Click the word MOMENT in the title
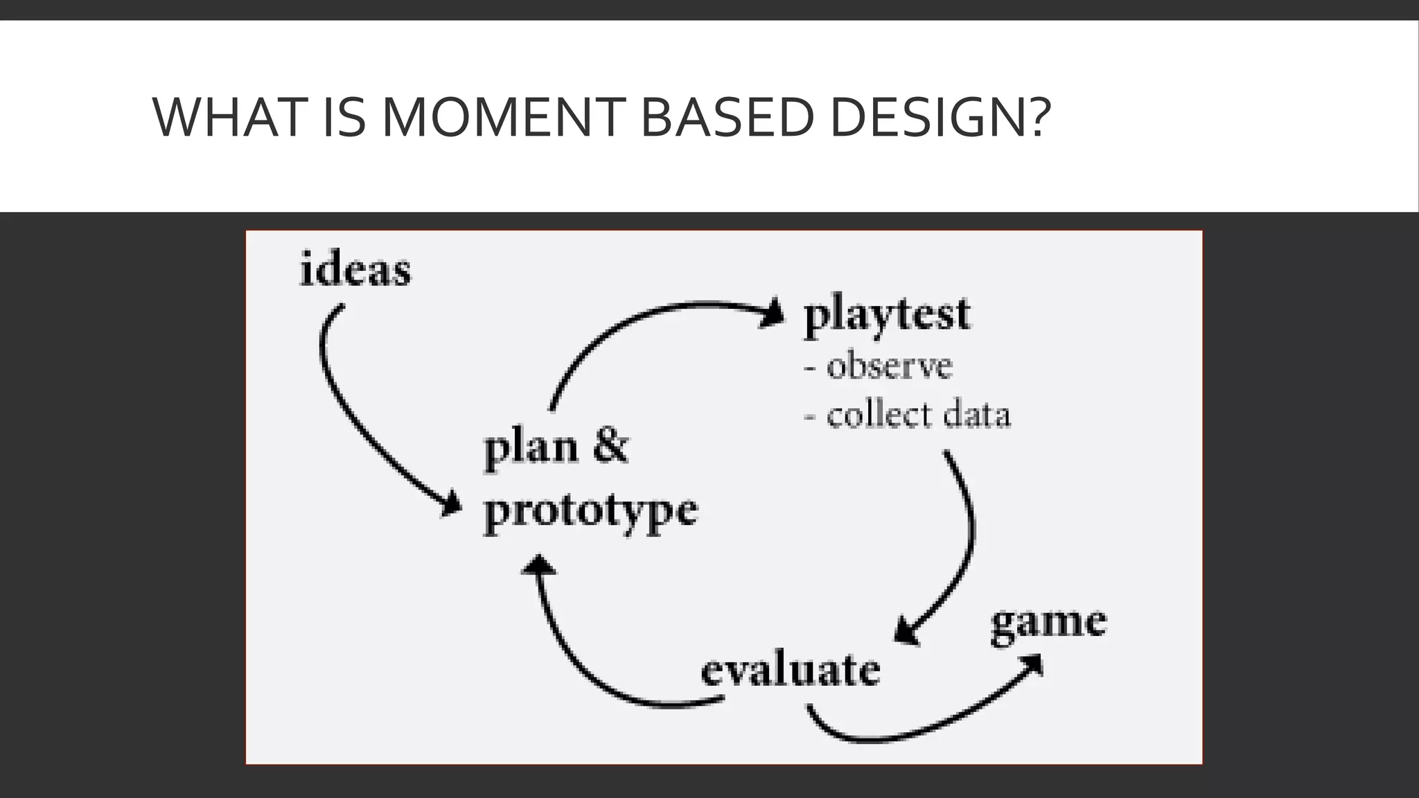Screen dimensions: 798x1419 (504, 118)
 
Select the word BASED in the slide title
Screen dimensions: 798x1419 (726, 118)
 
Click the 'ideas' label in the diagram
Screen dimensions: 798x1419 (355, 269)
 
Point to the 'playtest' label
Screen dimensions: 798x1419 (887, 315)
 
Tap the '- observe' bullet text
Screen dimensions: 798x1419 (879, 366)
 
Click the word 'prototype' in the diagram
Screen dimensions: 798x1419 (590, 511)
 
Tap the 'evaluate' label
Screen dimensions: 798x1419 (790, 671)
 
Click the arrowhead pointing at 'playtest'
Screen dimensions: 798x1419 (773, 313)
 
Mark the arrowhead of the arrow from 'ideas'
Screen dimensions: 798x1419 (452, 504)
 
